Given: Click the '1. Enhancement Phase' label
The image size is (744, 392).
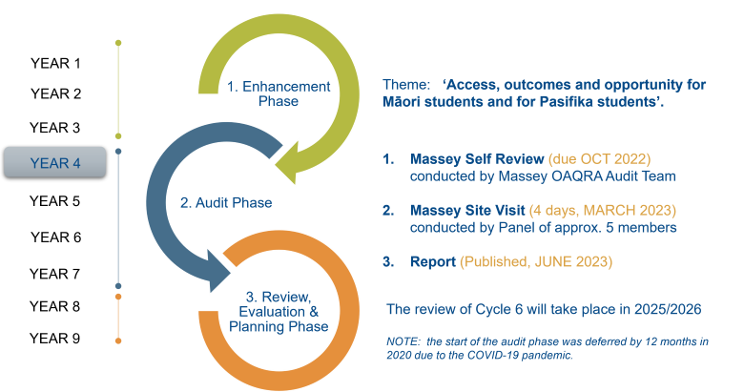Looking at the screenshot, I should click(x=279, y=93).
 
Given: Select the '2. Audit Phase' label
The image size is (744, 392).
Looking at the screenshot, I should click(x=226, y=202).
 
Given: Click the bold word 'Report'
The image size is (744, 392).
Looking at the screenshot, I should click(x=432, y=260).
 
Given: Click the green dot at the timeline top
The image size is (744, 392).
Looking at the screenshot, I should click(x=117, y=43).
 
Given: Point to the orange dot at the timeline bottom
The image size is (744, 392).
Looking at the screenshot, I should click(x=117, y=340).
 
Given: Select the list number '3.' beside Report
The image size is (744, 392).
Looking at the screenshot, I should click(x=388, y=260).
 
